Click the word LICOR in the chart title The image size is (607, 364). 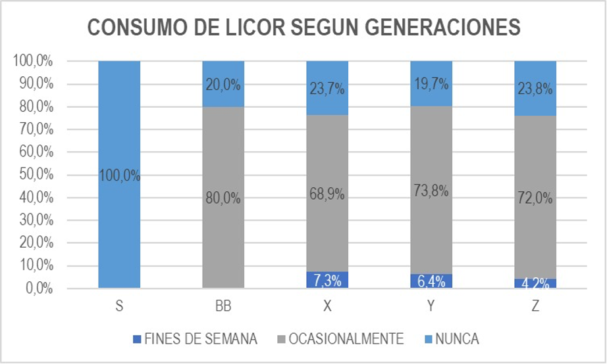[250, 28]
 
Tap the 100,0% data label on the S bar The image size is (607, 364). [119, 175]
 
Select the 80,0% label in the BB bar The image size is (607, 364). [223, 198]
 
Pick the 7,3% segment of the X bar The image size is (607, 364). [327, 281]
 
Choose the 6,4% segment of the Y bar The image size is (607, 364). [431, 281]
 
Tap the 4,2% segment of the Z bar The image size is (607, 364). [535, 284]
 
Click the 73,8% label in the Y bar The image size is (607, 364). [431, 191]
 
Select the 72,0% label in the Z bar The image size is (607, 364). [535, 198]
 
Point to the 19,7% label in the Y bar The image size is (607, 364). [431, 83]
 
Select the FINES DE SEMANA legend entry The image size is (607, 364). [195, 339]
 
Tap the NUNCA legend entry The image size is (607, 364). [452, 339]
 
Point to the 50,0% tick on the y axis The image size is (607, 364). [33, 175]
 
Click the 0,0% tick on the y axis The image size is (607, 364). [36, 288]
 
